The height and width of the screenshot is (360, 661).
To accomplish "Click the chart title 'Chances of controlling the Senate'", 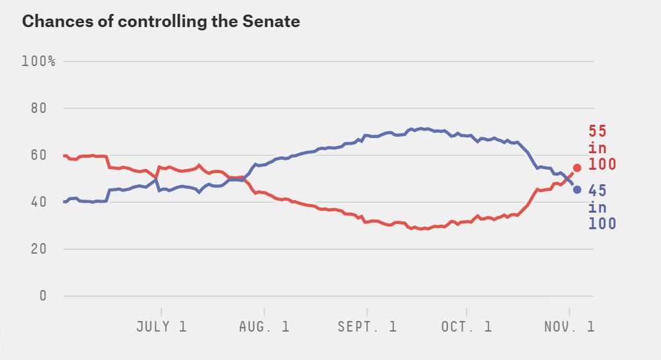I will pos(161,21).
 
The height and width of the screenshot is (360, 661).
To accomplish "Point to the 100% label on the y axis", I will pos(38,61).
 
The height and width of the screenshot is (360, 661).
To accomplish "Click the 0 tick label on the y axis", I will pos(43,296).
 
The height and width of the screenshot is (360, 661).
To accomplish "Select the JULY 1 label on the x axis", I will pos(161,326).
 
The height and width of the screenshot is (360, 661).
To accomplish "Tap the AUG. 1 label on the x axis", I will pos(264,326).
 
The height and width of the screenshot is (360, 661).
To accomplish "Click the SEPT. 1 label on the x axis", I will pos(367,326).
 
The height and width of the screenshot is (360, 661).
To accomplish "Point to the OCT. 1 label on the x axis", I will pos(467,326).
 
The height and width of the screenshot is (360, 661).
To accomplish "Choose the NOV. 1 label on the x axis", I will pos(569,326).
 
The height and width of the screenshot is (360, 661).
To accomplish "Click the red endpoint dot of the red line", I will pos(577,168).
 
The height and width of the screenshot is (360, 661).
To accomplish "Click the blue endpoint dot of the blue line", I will pos(577,190).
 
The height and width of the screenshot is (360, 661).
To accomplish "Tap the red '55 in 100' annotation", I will pos(602,148).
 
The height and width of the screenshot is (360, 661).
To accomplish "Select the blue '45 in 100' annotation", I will pos(602,207).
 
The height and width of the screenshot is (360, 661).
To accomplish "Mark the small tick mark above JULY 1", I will pos(161,311).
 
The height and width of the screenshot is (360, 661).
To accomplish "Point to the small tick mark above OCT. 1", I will pos(467,311).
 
